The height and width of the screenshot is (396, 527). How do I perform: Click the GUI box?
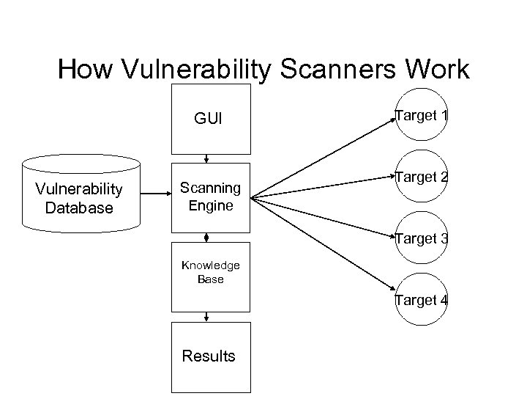pyautogui.click(x=210, y=117)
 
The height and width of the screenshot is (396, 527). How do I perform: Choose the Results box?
pyautogui.click(x=210, y=356)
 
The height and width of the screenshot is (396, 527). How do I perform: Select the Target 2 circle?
pyautogui.click(x=422, y=177)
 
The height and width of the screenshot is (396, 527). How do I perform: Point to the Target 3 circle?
pyautogui.click(x=422, y=238)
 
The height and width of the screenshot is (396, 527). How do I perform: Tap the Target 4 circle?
pyautogui.click(x=422, y=300)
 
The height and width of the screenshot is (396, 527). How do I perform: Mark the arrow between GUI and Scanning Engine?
pyautogui.click(x=208, y=156)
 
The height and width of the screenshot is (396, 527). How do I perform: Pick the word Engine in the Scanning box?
pyautogui.click(x=210, y=206)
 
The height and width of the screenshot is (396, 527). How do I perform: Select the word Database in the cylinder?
pyautogui.click(x=79, y=208)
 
